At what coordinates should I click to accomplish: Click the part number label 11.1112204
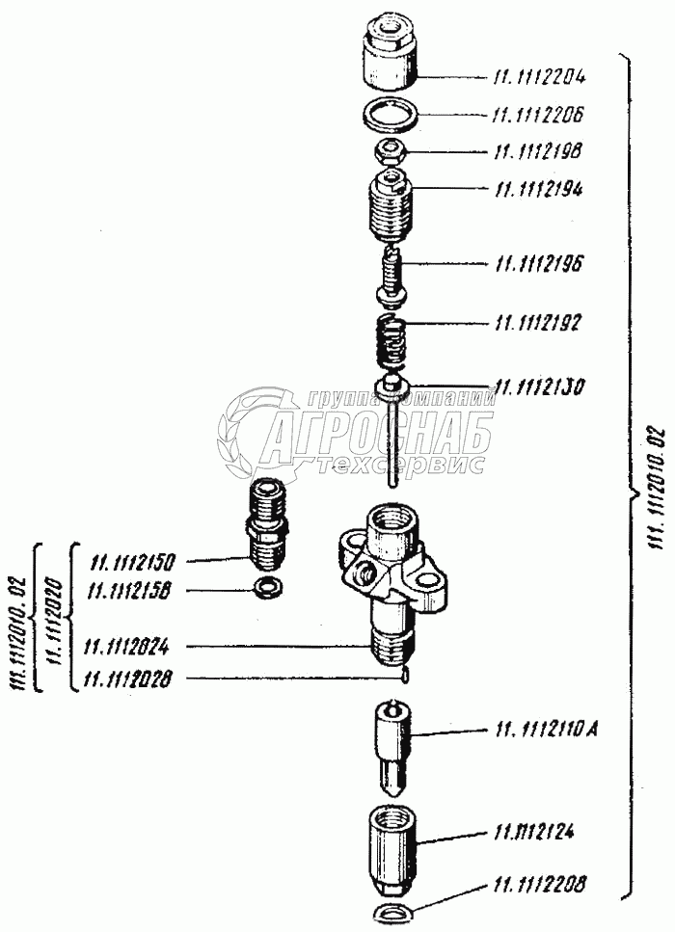[545, 76]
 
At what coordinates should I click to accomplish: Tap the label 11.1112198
[539, 151]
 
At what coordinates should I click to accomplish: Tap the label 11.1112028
[129, 679]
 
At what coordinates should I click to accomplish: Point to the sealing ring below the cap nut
[391, 116]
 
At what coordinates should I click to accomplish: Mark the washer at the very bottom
[392, 913]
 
